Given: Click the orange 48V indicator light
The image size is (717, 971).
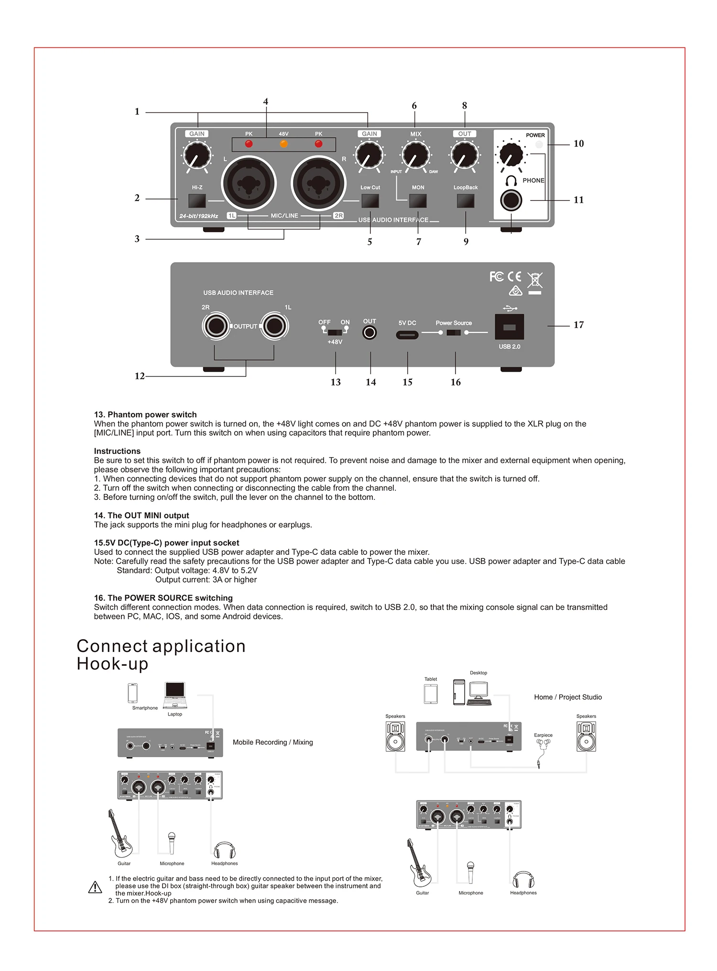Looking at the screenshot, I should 283,144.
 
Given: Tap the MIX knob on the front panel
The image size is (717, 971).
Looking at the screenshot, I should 415,155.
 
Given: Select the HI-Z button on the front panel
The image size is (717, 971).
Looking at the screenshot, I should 197,201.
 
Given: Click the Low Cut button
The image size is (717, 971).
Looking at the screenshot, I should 370,201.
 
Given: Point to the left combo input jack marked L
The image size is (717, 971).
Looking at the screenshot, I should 249,183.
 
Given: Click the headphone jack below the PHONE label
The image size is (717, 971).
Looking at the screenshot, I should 511,200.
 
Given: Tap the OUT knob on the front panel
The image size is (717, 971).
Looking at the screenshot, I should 464,155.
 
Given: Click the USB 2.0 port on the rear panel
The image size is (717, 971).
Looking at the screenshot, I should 510,327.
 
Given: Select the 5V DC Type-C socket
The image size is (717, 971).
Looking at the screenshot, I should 407,334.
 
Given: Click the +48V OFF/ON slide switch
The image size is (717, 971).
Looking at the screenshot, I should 335,331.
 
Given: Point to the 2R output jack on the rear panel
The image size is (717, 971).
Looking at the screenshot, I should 216,326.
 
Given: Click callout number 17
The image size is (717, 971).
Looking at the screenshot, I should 578,325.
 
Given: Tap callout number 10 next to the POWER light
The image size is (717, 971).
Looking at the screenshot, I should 578,144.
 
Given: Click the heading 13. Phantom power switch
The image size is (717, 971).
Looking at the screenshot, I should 145,415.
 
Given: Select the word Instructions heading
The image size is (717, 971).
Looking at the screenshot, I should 117,451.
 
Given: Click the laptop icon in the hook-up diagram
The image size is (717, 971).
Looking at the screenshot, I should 175,695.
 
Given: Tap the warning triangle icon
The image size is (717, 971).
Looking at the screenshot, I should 95,888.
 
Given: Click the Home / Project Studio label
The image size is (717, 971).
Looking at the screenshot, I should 568,697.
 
